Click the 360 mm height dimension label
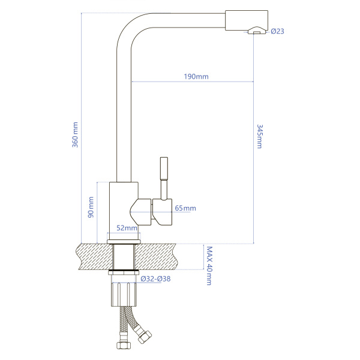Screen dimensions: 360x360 pyautogui.click(x=76, y=135)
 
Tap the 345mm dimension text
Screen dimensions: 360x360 pyautogui.click(x=260, y=136)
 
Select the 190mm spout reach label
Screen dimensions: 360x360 pyautogui.click(x=196, y=76)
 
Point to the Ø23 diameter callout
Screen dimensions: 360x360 pyautogui.click(x=278, y=31)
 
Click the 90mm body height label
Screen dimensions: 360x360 pyautogui.click(x=91, y=207)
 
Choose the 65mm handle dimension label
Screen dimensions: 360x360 pyautogui.click(x=185, y=208)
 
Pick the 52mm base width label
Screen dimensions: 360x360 pyautogui.click(x=127, y=228)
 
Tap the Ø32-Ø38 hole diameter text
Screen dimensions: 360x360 pyautogui.click(x=155, y=279)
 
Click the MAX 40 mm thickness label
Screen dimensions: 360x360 pyautogui.click(x=209, y=266)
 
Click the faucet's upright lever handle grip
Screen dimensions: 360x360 pyautogui.click(x=164, y=169)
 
